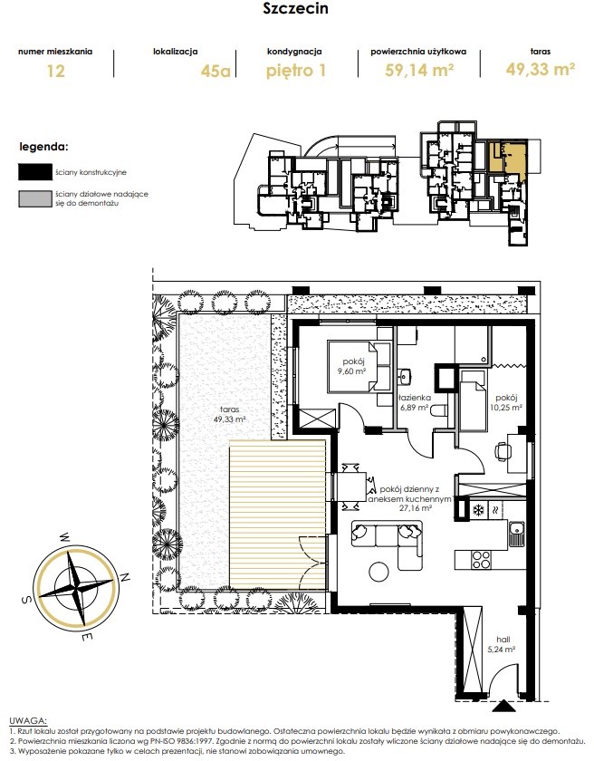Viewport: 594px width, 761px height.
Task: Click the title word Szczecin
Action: [295, 8]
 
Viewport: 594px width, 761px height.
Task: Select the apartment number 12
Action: [55, 71]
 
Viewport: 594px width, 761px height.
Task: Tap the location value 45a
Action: [216, 71]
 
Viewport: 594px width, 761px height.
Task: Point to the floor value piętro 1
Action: [296, 71]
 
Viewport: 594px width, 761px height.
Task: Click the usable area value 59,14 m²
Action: [419, 71]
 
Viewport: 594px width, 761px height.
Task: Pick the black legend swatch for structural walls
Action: [35, 172]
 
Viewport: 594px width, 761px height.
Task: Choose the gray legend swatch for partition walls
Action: [35, 198]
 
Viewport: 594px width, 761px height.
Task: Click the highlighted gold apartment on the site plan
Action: [507, 158]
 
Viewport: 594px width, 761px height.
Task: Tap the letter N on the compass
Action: [125, 577]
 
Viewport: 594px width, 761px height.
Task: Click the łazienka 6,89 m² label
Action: [413, 402]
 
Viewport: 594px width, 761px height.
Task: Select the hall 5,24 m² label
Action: [503, 644]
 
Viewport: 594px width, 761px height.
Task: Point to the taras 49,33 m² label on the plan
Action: [229, 414]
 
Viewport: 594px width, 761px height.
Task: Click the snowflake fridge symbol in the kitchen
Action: [479, 510]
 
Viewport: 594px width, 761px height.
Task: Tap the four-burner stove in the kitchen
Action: [481, 560]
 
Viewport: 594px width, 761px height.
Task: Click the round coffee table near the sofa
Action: [378, 571]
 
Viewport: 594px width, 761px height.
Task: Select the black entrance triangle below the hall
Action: [504, 706]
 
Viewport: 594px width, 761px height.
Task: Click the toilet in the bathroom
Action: [439, 410]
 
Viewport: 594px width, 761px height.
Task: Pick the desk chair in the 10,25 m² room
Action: [502, 452]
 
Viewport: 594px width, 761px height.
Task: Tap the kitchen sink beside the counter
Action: [515, 534]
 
